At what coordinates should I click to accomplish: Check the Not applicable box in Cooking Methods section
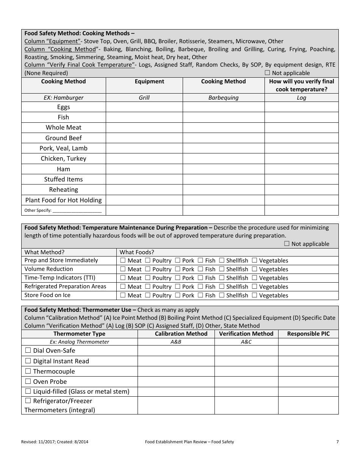click(x=268, y=73)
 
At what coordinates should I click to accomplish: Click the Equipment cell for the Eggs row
click(x=144, y=107)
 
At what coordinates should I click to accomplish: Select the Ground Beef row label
click(x=64, y=138)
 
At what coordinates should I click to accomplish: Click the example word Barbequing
click(x=224, y=98)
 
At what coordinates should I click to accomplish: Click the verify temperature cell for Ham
click(x=301, y=169)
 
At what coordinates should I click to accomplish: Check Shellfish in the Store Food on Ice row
click(x=222, y=295)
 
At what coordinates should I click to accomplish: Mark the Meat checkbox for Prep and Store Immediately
click(x=123, y=260)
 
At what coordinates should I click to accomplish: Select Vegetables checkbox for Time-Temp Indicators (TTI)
click(x=255, y=278)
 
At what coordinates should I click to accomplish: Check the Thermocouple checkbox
click(x=28, y=371)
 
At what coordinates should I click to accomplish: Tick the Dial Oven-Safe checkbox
click(x=28, y=350)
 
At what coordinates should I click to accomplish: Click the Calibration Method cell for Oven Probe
click(x=176, y=382)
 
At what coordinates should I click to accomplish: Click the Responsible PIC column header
click(x=308, y=334)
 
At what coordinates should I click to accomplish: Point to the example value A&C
click(x=246, y=342)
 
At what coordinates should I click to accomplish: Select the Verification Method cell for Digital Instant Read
click(x=246, y=361)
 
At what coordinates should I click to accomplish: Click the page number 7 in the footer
click(x=337, y=442)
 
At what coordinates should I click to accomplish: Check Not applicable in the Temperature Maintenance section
click(x=287, y=244)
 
